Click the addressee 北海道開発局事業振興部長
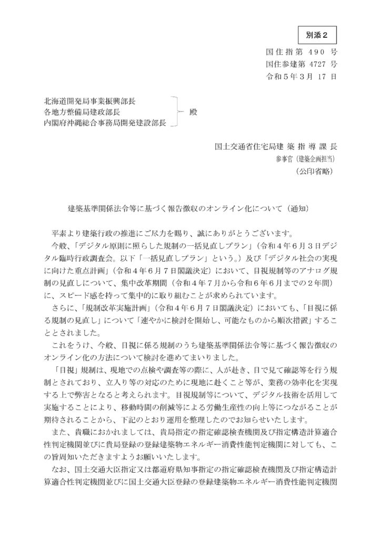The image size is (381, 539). click(x=92, y=101)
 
